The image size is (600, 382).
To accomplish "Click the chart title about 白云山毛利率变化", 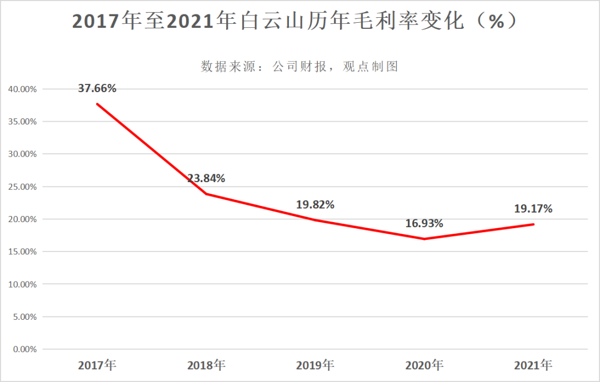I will [x=296, y=21].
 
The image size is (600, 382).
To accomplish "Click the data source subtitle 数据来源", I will [x=300, y=67].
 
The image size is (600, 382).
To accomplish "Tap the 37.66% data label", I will [x=97, y=88].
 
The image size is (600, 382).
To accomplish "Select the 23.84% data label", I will [x=206, y=178].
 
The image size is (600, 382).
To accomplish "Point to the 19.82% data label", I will [x=315, y=204].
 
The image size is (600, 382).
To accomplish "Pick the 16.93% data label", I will [x=424, y=223].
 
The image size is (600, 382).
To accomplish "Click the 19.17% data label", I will [x=533, y=209].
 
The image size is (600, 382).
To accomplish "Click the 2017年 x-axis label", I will [x=97, y=365].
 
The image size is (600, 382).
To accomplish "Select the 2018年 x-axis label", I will [x=206, y=365].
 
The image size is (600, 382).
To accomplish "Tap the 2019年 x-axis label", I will [x=315, y=365].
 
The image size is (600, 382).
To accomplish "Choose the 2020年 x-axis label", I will [x=424, y=365].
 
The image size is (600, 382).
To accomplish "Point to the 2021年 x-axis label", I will [x=533, y=365].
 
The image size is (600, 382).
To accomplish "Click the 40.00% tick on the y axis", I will [x=22, y=89].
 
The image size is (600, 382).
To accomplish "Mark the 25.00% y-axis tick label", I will [x=22, y=187].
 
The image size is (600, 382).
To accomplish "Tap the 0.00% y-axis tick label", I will [x=24, y=349].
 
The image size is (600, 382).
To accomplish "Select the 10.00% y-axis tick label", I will [x=22, y=284].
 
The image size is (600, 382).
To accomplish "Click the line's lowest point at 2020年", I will [x=424, y=239].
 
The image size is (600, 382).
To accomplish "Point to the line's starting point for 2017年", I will [x=97, y=104].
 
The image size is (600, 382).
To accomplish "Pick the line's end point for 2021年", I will [x=533, y=224].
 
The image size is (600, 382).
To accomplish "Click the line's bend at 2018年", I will [x=206, y=194].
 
